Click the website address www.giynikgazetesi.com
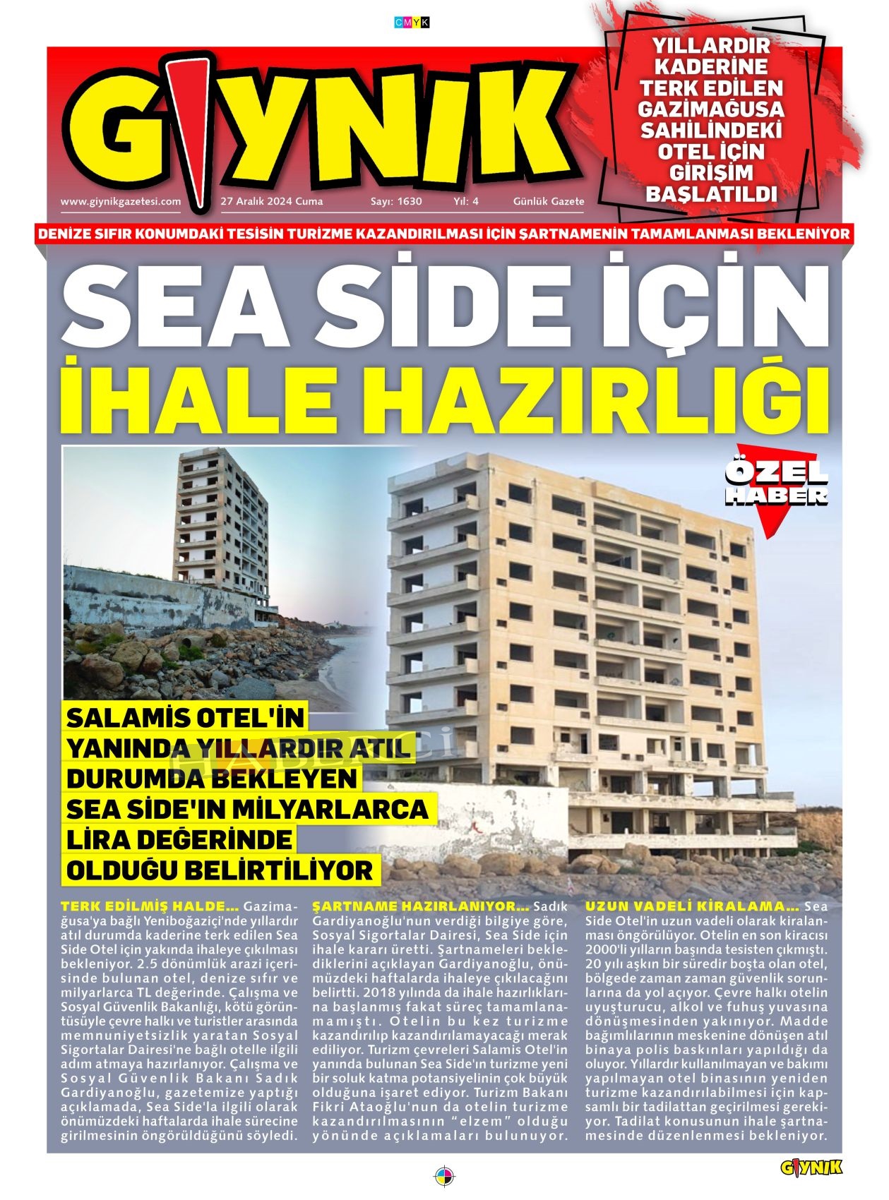point(121,201)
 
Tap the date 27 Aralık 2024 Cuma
point(272,201)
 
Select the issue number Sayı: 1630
point(396,201)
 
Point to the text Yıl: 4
point(466,201)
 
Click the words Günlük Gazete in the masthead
point(549,201)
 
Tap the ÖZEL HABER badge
point(776,484)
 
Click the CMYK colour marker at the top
point(412,23)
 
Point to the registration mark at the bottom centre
point(444,1177)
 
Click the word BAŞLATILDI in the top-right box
point(711,194)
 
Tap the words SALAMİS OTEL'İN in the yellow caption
point(185,719)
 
